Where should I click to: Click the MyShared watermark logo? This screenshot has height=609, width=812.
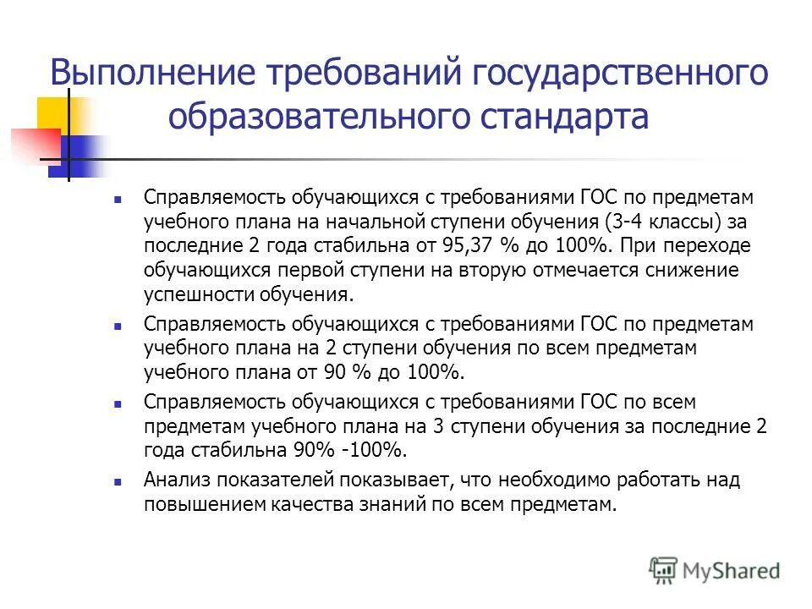[715, 570]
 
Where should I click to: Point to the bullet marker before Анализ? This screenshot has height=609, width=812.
[118, 481]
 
